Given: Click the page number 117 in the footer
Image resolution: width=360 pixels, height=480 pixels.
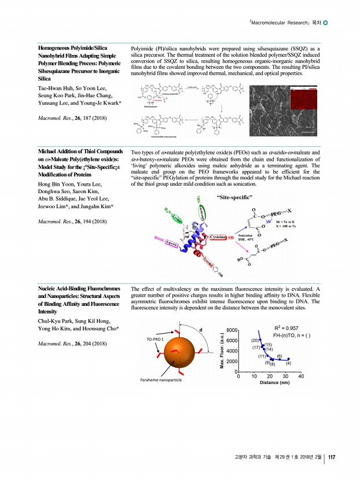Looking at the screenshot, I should coord(332,457).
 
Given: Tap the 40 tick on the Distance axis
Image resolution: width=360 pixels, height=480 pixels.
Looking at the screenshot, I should coord(301,376).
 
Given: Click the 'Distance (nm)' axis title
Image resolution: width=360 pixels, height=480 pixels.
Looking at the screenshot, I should coord(274,383).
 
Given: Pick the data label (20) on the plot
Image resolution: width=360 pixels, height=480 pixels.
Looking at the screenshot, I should coord(255,340).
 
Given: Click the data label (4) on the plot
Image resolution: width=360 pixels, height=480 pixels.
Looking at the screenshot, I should coord(288,363).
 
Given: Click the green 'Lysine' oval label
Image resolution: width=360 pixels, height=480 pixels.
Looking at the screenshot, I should coord(177,218).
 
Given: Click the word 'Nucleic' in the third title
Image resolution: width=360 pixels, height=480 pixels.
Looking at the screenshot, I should coord(49,288).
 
